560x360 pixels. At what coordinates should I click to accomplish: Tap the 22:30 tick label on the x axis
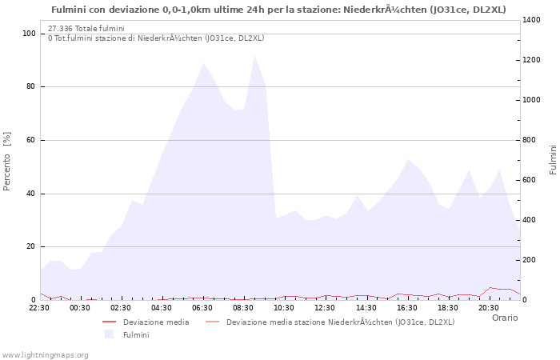[40, 307]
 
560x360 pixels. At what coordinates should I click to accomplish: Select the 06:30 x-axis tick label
[203, 307]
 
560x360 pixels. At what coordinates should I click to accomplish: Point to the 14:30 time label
[366, 307]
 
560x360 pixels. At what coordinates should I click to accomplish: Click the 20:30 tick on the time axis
[489, 307]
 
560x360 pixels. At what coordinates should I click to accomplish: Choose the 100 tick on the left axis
[29, 34]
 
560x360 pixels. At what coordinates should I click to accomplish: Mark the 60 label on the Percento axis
[30, 140]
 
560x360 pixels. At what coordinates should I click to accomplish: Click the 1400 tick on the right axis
[533, 20]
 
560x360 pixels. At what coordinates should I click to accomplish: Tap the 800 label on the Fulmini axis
[530, 140]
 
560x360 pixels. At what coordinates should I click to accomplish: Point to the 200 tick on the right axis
[530, 260]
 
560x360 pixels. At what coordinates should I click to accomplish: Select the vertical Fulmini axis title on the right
[553, 160]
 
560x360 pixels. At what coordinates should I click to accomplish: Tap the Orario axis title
[504, 318]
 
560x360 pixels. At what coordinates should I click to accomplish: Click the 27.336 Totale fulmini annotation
[86, 28]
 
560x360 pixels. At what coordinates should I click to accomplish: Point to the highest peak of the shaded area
[254, 56]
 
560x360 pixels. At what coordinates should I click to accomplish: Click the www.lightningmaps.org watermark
[46, 354]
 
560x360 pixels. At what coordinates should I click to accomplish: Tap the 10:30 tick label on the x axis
[285, 307]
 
